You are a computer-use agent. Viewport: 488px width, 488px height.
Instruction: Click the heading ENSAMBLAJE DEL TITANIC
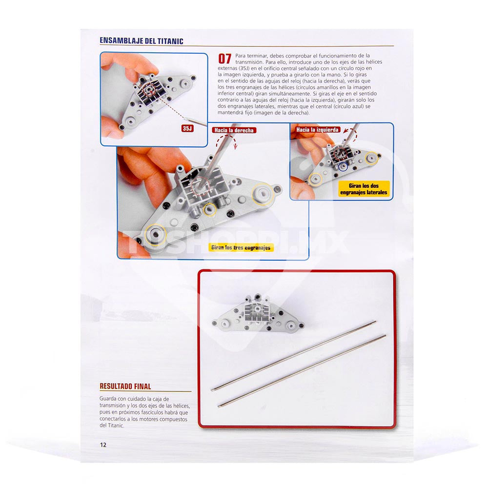coord(142,41)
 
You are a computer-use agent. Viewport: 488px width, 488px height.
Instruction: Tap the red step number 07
coord(224,59)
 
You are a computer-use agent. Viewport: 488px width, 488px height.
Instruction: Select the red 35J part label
coord(187,128)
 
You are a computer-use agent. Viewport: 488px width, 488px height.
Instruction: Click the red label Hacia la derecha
coord(234,130)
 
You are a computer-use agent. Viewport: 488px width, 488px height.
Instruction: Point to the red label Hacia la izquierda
coord(317,130)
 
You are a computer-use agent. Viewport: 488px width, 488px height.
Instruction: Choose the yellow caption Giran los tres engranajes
coord(241,247)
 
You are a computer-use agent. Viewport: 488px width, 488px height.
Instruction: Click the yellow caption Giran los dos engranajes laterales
coord(364,189)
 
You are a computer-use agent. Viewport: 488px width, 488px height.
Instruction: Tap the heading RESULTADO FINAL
coord(125,386)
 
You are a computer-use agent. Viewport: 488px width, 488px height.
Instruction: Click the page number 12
coord(103,445)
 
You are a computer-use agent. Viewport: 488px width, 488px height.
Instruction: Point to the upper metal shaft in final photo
coord(293,356)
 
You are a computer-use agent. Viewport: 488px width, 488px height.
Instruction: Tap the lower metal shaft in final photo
coord(302,371)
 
